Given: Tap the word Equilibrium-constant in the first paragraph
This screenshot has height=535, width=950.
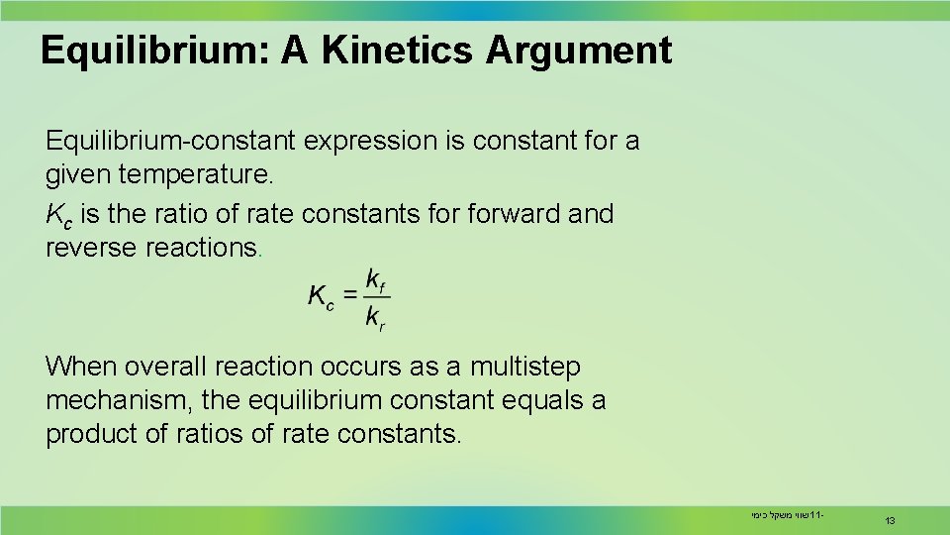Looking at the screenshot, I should pos(170,142).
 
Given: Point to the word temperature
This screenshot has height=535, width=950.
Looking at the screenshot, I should pos(194,175).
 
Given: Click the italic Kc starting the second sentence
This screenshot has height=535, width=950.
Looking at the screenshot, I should pos(58,214).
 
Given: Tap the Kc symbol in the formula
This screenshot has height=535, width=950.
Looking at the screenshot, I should pos(322,296).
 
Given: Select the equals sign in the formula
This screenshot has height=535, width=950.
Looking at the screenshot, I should pos(350,295).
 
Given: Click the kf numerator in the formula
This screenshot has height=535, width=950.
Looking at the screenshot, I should pos(376,280).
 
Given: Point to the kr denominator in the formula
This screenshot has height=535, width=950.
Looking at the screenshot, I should pos(376,317).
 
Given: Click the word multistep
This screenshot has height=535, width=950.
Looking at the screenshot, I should pos(523,367).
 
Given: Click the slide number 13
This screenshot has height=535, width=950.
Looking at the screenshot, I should pos(890,520).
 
